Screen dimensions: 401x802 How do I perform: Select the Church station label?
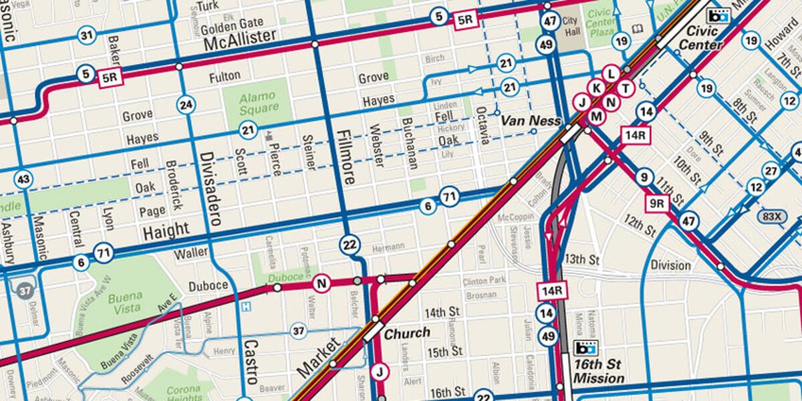click(x=406, y=332)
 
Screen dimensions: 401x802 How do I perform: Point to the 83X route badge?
click(x=772, y=216)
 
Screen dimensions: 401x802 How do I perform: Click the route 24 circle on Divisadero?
click(x=186, y=104)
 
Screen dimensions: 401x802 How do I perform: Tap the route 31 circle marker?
click(x=86, y=35)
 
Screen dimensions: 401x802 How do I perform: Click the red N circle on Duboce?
click(x=321, y=283)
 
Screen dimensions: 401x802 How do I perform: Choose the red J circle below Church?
click(x=379, y=372)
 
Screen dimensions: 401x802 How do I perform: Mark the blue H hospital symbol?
click(x=247, y=307)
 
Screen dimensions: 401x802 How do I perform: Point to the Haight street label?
click(x=166, y=231)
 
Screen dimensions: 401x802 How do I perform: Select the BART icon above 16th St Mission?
click(x=585, y=348)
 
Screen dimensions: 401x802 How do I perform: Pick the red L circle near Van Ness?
click(x=610, y=74)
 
